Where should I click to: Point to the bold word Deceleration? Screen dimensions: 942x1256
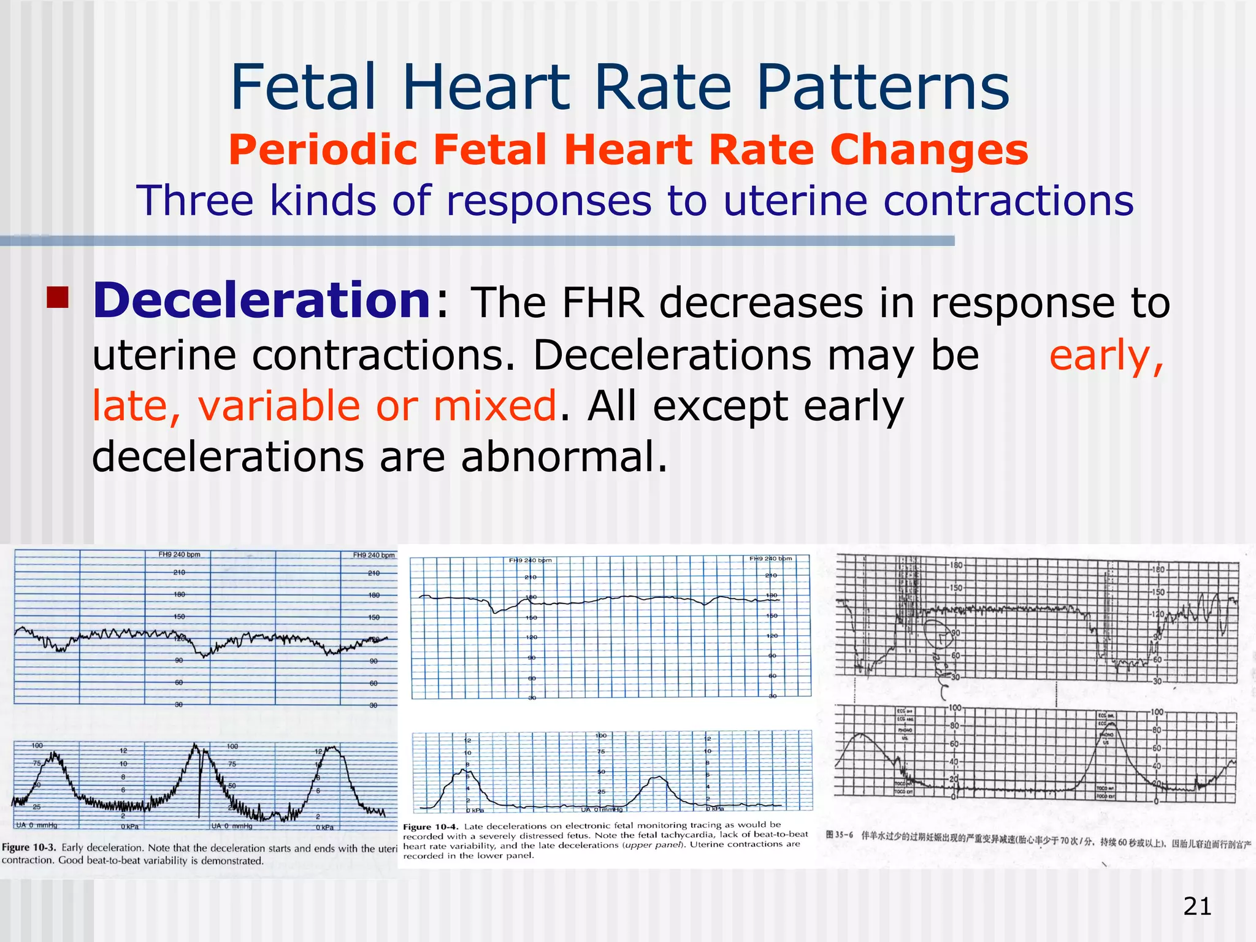[x=262, y=301]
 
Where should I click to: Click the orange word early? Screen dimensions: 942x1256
[x=1106, y=355]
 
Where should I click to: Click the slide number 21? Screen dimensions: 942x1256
[x=1197, y=906]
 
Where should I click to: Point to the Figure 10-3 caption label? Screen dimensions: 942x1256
[x=29, y=848]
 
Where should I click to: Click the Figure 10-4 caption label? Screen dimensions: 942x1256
[x=430, y=827]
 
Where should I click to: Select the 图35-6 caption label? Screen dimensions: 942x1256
[x=839, y=835]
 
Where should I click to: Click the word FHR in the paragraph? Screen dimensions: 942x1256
[x=602, y=303]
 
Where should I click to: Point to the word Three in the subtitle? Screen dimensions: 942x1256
[x=194, y=201]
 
